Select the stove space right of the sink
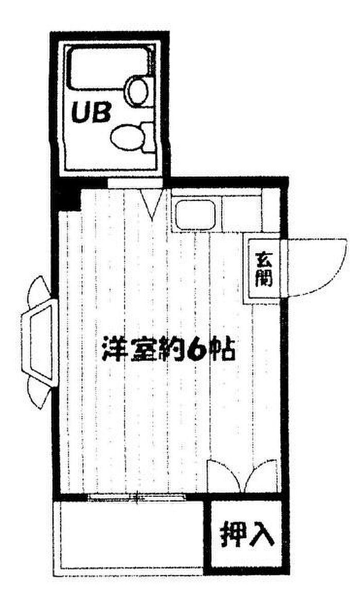click(x=242, y=212)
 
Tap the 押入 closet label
click(x=247, y=534)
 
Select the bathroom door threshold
click(x=135, y=183)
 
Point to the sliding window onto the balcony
click(x=135, y=497)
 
